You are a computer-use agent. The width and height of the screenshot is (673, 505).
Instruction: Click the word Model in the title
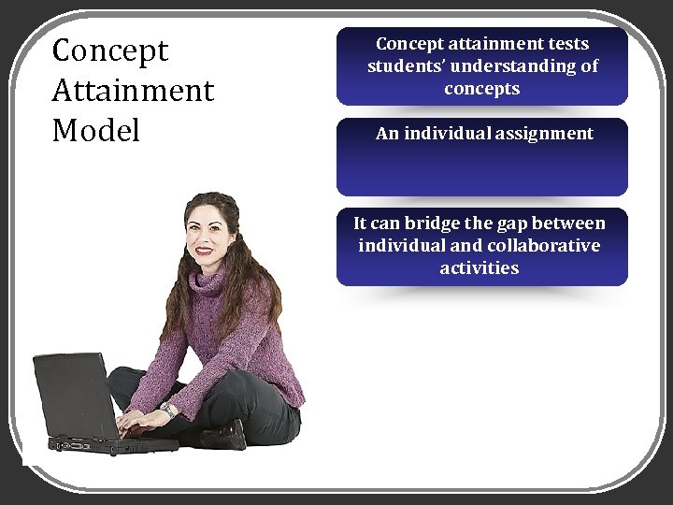(96, 130)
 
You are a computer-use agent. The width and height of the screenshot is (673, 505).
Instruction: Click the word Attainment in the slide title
(133, 91)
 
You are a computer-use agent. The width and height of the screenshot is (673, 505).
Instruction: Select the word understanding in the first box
(517, 66)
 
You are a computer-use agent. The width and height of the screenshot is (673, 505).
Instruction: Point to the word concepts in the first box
(482, 89)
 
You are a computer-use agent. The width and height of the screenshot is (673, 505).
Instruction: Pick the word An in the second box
(387, 134)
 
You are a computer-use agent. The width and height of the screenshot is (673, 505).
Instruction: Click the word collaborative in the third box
(543, 246)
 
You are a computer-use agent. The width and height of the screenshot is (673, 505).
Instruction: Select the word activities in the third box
(480, 268)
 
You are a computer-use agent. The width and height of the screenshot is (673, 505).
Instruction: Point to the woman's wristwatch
(169, 410)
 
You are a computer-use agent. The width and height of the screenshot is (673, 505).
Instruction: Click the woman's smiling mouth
(204, 251)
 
